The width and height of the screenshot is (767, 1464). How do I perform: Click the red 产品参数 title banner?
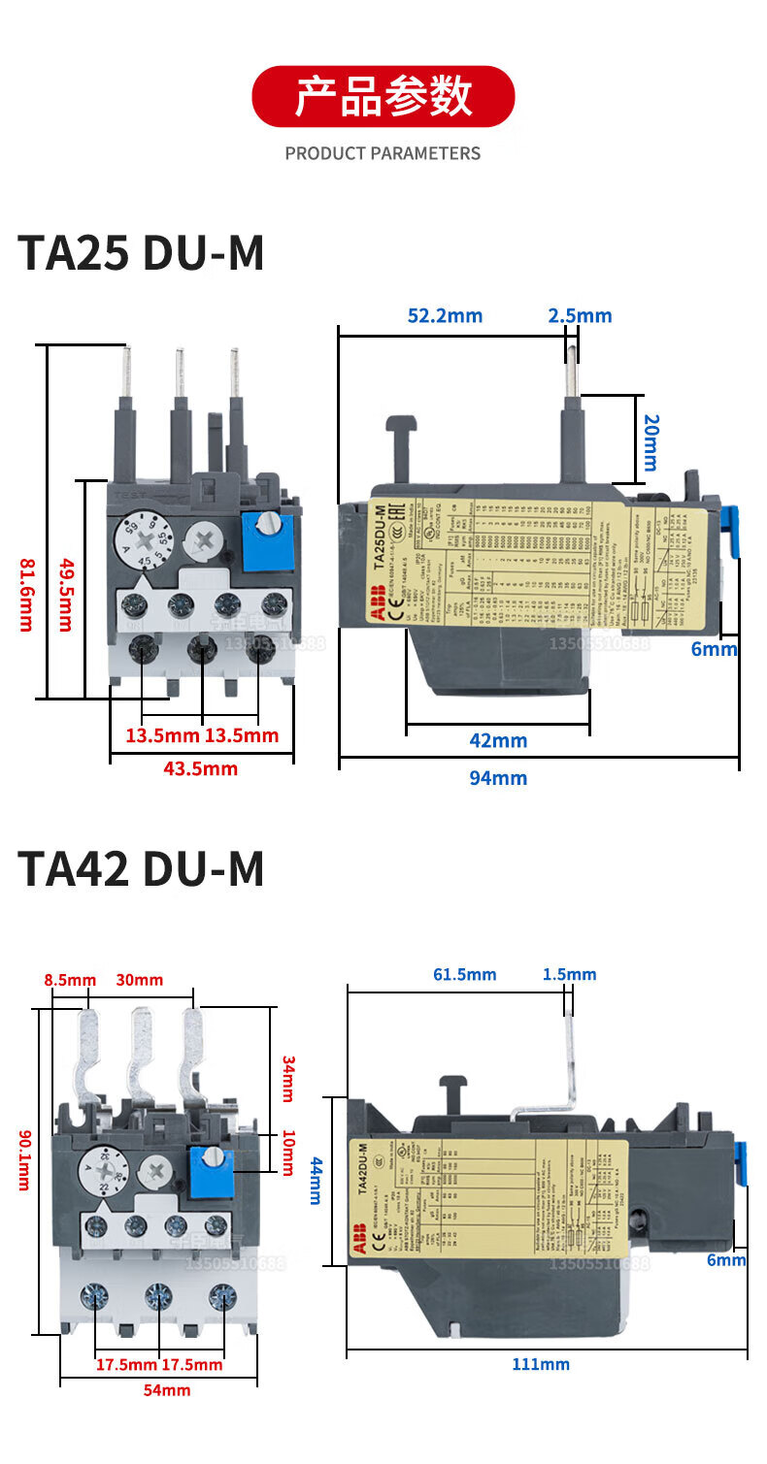click(383, 96)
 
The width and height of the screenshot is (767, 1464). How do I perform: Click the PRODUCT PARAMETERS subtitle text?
click(383, 153)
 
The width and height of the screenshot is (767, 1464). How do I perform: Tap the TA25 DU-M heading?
click(141, 254)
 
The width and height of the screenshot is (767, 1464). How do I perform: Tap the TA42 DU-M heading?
click(141, 868)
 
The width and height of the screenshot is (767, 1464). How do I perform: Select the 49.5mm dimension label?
click(65, 594)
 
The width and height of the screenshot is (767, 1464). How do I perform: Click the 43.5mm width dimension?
click(201, 768)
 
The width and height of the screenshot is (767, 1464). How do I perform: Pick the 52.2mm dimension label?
click(445, 315)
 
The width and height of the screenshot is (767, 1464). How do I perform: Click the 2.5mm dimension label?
click(580, 315)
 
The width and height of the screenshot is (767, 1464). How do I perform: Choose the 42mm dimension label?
click(498, 740)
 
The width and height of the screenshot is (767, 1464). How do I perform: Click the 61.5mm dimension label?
click(464, 974)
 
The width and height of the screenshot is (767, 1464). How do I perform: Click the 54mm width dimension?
click(167, 1390)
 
